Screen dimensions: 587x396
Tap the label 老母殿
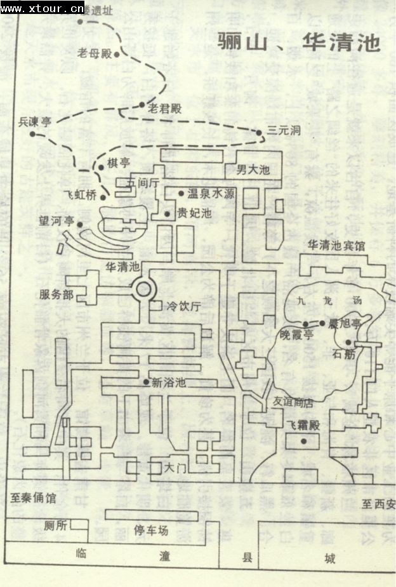click(x=94, y=53)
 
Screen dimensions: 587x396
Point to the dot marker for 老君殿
click(x=142, y=105)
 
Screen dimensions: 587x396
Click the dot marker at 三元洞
click(x=259, y=132)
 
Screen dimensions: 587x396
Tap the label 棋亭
click(x=118, y=163)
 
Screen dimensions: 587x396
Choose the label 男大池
click(x=254, y=170)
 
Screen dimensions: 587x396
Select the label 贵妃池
click(x=194, y=213)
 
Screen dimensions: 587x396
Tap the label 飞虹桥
click(x=80, y=195)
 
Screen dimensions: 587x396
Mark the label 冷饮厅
click(x=183, y=306)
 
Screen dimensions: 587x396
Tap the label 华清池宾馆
click(x=336, y=245)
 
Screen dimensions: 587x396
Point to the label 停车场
click(x=152, y=530)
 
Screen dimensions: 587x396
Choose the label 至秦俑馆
click(x=34, y=498)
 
